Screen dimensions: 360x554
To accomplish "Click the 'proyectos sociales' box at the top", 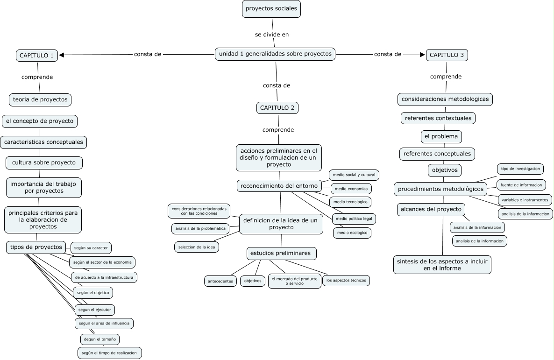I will pyautogui.click(x=271, y=9).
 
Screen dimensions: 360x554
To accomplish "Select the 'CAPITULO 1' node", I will pyautogui.click(x=36, y=56).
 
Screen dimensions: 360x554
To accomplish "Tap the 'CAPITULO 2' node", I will pyautogui.click(x=277, y=108).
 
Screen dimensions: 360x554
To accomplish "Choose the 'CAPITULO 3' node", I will pyautogui.click(x=447, y=55).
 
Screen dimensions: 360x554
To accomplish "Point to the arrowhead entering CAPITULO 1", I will pyautogui.click(x=62, y=55).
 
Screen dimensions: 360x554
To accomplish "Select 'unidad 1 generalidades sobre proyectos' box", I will pyautogui.click(x=275, y=54).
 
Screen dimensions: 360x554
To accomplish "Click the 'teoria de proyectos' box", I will pyautogui.click(x=40, y=99).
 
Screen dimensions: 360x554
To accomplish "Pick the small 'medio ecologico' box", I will pyautogui.click(x=352, y=233).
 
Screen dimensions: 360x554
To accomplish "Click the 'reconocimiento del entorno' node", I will pyautogui.click(x=279, y=186).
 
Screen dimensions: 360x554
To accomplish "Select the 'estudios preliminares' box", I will pyautogui.click(x=281, y=253).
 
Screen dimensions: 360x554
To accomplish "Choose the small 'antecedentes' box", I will pyautogui.click(x=221, y=281).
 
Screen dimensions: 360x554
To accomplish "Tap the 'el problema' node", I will pyautogui.click(x=441, y=136).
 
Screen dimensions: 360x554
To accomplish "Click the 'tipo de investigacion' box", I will pyautogui.click(x=520, y=169).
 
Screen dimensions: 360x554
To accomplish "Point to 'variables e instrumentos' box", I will pyautogui.click(x=524, y=200).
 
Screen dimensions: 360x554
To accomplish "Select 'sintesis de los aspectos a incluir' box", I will pyautogui.click(x=442, y=265).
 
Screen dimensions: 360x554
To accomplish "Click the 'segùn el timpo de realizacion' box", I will pyautogui.click(x=109, y=353).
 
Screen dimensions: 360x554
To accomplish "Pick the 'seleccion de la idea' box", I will pyautogui.click(x=197, y=247).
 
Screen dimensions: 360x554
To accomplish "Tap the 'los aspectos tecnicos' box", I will pyautogui.click(x=346, y=281).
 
